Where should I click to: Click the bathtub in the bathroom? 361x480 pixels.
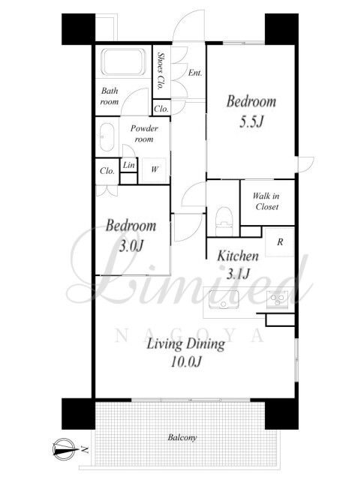(x=124, y=61)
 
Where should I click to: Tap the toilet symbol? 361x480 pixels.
(x=224, y=222)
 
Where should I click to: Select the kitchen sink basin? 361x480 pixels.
(x=224, y=299)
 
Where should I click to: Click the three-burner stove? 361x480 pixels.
(x=278, y=299)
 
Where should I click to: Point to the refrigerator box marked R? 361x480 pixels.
(x=279, y=242)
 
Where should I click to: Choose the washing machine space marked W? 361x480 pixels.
(x=154, y=170)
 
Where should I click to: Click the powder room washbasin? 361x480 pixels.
(x=107, y=137)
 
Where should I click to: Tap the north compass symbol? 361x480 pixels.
(x=65, y=450)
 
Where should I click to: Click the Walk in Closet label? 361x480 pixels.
(x=266, y=202)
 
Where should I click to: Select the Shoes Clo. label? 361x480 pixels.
(x=160, y=70)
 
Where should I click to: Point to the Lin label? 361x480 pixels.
(x=128, y=165)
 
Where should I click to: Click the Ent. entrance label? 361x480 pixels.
(x=195, y=73)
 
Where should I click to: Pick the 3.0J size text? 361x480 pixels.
(x=131, y=246)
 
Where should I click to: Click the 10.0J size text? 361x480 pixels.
(x=186, y=362)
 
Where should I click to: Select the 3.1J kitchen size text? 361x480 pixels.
(x=239, y=274)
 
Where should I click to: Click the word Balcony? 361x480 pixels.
(x=182, y=437)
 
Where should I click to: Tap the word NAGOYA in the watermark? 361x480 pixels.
(x=190, y=335)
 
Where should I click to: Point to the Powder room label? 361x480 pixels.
(x=144, y=133)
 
